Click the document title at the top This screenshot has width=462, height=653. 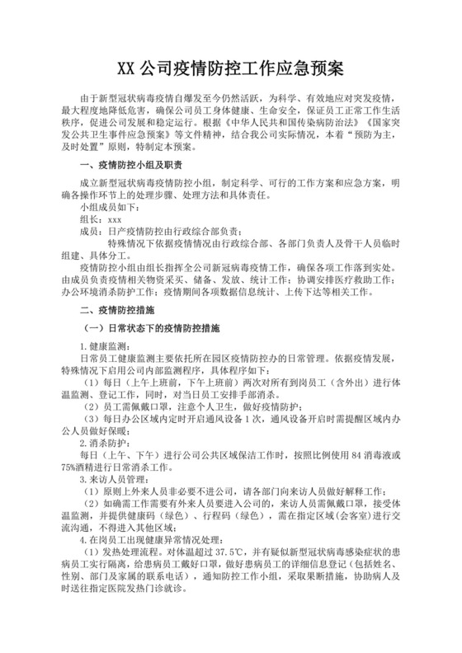(x=231, y=65)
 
